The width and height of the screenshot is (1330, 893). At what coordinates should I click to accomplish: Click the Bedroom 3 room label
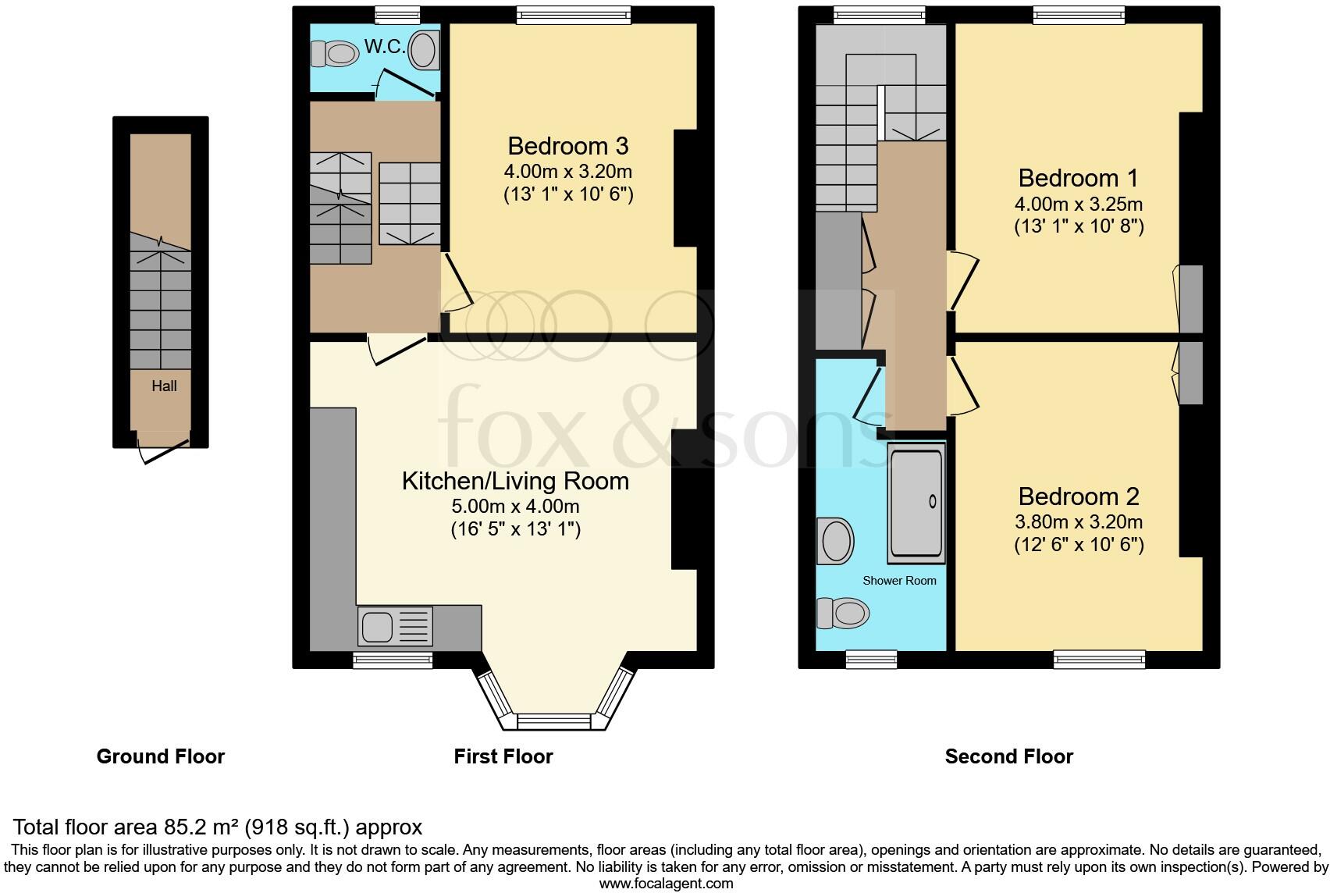pyautogui.click(x=567, y=146)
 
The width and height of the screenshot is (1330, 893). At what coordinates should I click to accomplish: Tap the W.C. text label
pyautogui.click(x=385, y=47)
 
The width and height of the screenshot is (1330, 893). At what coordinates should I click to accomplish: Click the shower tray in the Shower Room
pyautogui.click(x=916, y=503)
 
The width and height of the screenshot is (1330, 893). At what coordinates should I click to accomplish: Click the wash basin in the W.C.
pyautogui.click(x=423, y=50)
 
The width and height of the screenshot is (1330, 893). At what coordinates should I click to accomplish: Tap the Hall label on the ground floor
pyautogui.click(x=164, y=386)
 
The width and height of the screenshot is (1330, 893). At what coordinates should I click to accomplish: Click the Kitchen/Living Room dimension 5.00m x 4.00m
pyautogui.click(x=515, y=507)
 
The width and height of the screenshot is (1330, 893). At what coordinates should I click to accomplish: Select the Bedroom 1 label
pyautogui.click(x=1078, y=178)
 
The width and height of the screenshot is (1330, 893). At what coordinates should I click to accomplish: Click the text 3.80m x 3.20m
pyautogui.click(x=1078, y=521)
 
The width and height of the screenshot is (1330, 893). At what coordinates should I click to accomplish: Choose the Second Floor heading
pyautogui.click(x=1008, y=756)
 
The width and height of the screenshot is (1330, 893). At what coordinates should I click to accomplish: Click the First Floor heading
pyautogui.click(x=503, y=756)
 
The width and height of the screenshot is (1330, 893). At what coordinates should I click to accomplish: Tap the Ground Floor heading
pyautogui.click(x=161, y=756)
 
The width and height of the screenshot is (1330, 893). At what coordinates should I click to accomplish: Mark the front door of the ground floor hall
pyautogui.click(x=163, y=450)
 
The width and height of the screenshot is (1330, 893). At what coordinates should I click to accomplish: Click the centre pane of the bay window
pyautogui.click(x=556, y=721)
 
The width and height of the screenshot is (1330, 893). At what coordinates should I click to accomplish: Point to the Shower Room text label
pyautogui.click(x=899, y=581)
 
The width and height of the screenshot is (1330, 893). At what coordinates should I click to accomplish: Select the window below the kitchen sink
pyautogui.click(x=393, y=660)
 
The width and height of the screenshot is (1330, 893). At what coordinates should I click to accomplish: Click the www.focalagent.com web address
pyautogui.click(x=666, y=884)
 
